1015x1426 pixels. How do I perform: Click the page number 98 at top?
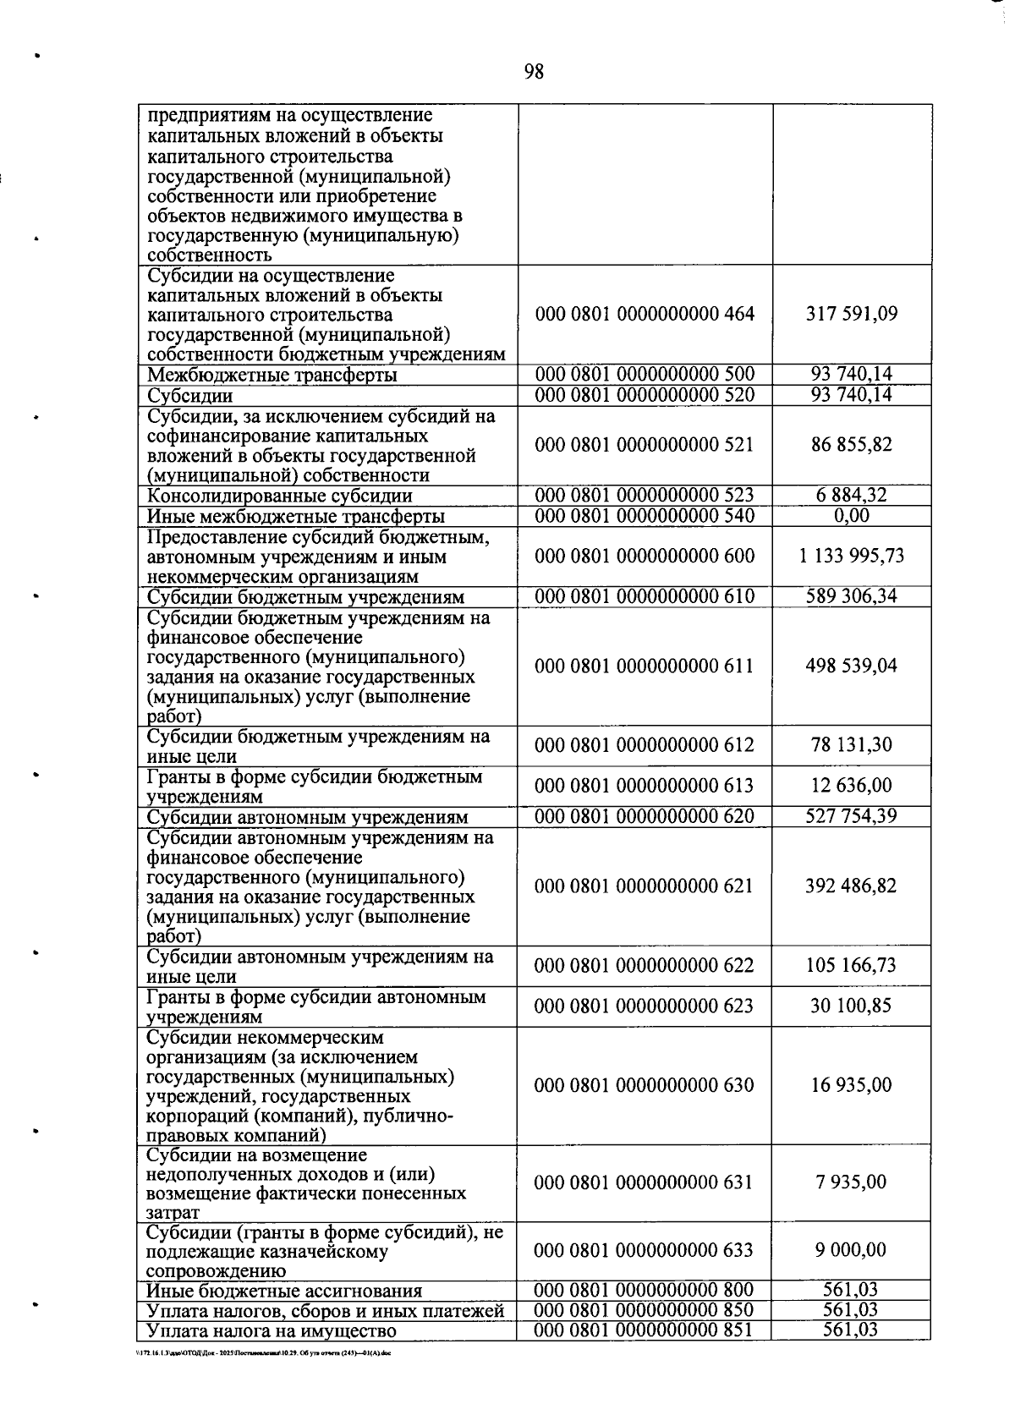(534, 72)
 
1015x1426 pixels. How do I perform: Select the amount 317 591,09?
(851, 315)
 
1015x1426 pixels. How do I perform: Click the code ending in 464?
(645, 315)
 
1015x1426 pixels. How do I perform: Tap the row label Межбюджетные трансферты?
(272, 376)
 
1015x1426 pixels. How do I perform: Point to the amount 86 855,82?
(851, 445)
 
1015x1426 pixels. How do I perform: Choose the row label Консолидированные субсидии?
(280, 496)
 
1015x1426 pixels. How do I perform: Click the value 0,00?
(851, 516)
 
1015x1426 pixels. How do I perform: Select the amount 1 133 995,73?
(851, 556)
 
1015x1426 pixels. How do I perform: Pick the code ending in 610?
(645, 596)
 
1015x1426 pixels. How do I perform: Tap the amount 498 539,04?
(851, 666)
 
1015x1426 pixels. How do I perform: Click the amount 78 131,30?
(851, 745)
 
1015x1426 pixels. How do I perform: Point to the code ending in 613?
(645, 786)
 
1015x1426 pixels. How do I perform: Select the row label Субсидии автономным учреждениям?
(308, 818)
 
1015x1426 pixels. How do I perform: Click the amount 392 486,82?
(851, 886)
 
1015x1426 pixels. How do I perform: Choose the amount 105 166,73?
(851, 966)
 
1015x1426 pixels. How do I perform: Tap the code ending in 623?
(645, 1006)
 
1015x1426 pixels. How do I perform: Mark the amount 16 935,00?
(851, 1086)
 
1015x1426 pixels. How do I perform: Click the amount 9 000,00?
(851, 1251)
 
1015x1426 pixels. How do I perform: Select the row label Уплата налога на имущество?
(272, 1331)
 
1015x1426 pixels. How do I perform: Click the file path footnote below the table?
(263, 1353)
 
